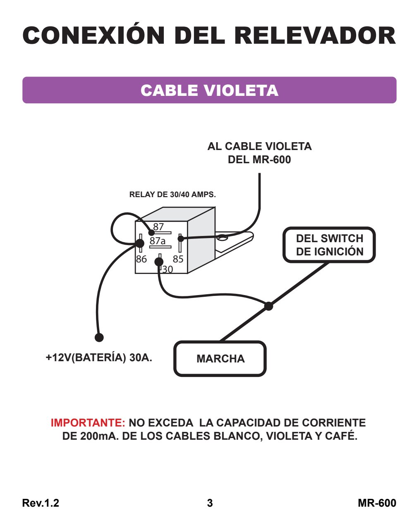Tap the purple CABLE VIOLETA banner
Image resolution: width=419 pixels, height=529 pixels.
point(209,90)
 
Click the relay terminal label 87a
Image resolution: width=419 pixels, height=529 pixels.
point(158,241)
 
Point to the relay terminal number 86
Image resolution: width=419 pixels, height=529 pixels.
point(141,259)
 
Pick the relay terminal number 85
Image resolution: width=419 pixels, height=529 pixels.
point(178,259)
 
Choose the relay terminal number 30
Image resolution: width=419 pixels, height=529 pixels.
point(168,269)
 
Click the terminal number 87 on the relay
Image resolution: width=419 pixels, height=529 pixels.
point(158,226)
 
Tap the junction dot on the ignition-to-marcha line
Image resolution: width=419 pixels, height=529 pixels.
point(269,306)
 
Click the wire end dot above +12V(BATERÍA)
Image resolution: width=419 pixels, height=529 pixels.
point(99,337)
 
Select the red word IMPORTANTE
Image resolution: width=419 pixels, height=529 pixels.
point(88,422)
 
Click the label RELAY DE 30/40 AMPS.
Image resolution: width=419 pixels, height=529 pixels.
point(172,194)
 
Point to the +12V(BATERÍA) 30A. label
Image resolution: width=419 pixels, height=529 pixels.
point(99,357)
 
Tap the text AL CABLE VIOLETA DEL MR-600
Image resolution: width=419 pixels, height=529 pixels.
point(260,153)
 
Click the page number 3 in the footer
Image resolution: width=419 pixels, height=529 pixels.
point(210,503)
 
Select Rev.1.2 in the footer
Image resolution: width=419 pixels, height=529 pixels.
point(41,503)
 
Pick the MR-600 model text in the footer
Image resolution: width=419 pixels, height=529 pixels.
point(377,503)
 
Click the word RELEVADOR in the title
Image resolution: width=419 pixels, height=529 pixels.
point(315,36)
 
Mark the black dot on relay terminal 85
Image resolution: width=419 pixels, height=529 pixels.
point(181,238)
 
